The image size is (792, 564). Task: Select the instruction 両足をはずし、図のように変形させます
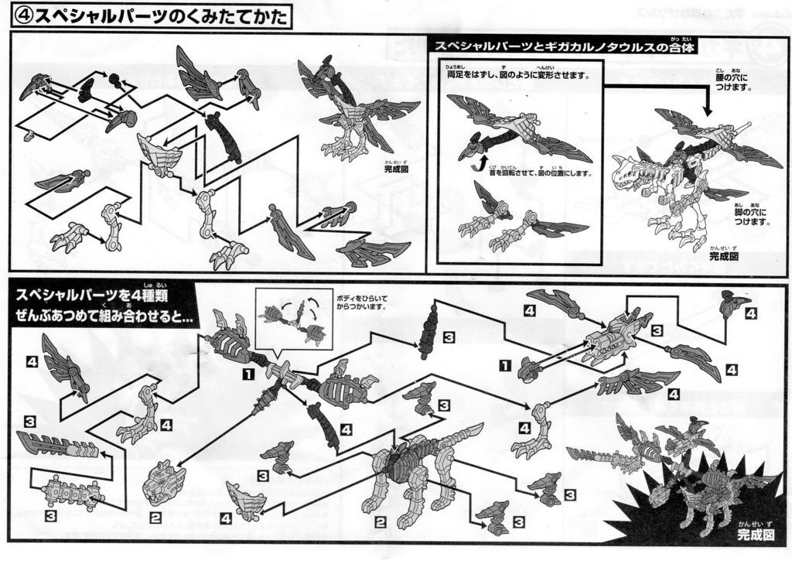[x=518, y=75]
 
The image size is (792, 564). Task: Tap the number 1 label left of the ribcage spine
[x=247, y=374]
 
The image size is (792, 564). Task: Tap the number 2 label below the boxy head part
[x=155, y=518]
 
